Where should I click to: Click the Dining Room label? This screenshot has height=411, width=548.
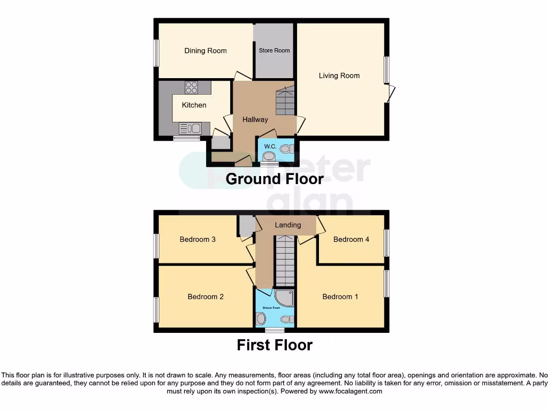point(205,51)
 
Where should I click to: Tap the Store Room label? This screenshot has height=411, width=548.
point(274,51)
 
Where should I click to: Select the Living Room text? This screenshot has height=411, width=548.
point(339,75)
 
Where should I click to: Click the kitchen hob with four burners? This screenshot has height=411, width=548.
point(192,87)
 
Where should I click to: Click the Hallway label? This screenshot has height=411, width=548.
point(255,119)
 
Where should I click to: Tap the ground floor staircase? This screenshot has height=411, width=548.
point(285,101)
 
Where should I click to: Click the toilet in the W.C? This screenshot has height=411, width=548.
point(269,156)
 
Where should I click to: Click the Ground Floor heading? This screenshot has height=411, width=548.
point(275,179)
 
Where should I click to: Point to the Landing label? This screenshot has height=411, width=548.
point(288,225)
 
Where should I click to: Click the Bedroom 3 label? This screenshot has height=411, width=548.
point(197,239)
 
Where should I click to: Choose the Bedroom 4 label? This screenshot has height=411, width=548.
point(351,239)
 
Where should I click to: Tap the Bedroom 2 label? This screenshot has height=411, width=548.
point(205,296)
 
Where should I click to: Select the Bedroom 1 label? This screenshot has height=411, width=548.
point(340,296)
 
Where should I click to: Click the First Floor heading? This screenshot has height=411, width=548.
point(275,345)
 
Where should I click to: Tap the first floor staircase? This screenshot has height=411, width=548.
point(285,262)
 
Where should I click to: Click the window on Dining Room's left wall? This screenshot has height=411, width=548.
point(156,53)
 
